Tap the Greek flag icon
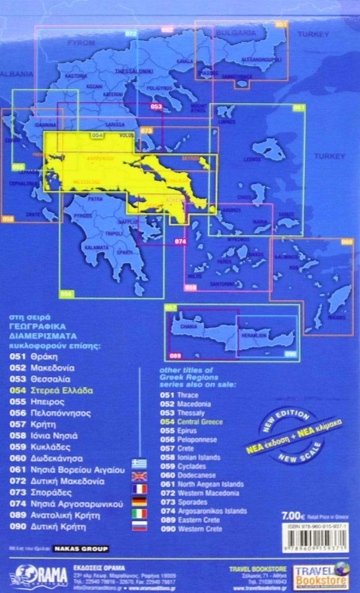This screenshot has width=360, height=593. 139,463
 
